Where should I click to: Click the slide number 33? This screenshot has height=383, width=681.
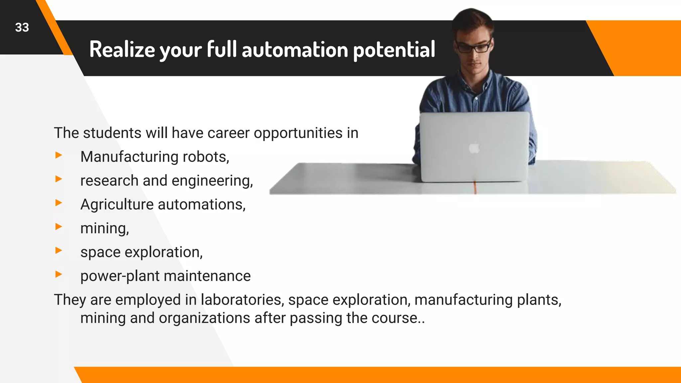point(22,28)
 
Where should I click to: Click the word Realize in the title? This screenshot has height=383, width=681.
point(122,50)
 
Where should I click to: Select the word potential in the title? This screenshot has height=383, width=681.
point(394,50)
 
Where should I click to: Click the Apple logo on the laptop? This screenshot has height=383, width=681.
point(475,148)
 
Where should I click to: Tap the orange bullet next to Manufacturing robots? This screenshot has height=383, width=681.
point(59,155)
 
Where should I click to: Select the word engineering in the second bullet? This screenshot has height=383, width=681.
point(212,181)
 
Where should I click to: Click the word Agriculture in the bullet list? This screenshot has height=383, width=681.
point(117,204)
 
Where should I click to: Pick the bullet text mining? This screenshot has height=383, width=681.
point(104,228)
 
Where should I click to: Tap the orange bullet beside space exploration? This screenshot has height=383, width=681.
point(59,250)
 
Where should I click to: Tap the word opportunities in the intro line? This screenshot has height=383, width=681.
point(298,133)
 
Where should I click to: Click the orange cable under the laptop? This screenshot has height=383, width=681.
point(475,188)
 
